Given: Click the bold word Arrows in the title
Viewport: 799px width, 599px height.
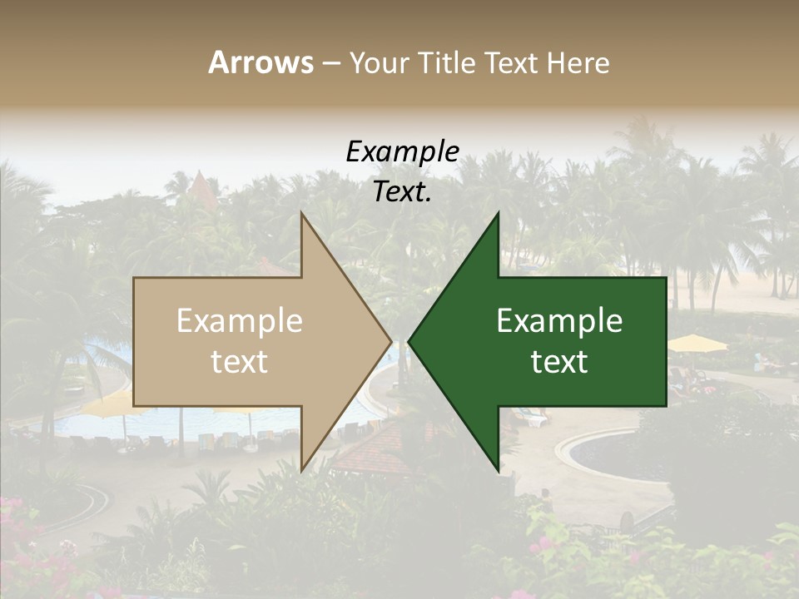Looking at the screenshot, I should pos(261,62).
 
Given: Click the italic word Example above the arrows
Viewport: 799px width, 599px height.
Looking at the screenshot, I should pos(402,151).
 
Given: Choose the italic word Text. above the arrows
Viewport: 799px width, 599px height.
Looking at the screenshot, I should pos(402,191).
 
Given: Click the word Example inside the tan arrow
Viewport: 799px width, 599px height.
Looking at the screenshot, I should pos(239,321).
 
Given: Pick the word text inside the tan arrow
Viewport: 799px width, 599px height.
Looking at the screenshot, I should pos(239,362).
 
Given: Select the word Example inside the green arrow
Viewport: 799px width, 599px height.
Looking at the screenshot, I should pos(559,321).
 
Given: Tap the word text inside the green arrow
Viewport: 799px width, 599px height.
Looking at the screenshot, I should pos(559,362).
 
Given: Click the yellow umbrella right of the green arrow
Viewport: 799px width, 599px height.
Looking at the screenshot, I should pos(697,343).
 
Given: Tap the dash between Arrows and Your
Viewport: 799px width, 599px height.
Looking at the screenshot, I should pos(330,63).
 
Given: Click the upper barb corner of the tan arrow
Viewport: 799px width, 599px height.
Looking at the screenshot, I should pos(301,213).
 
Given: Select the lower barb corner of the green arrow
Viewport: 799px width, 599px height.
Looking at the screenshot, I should pos(498,471).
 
